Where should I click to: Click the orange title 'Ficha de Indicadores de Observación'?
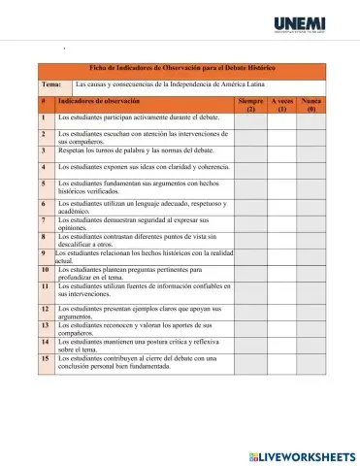point(182,68)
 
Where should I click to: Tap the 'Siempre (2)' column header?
point(250,105)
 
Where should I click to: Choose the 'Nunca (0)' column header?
point(311,105)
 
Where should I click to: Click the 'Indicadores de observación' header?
point(98,101)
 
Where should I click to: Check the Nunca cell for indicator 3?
point(311,152)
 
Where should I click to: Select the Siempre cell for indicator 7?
point(250,223)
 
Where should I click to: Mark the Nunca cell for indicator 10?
point(311,273)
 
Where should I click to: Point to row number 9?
point(44,254)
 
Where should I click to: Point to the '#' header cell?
point(45,101)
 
